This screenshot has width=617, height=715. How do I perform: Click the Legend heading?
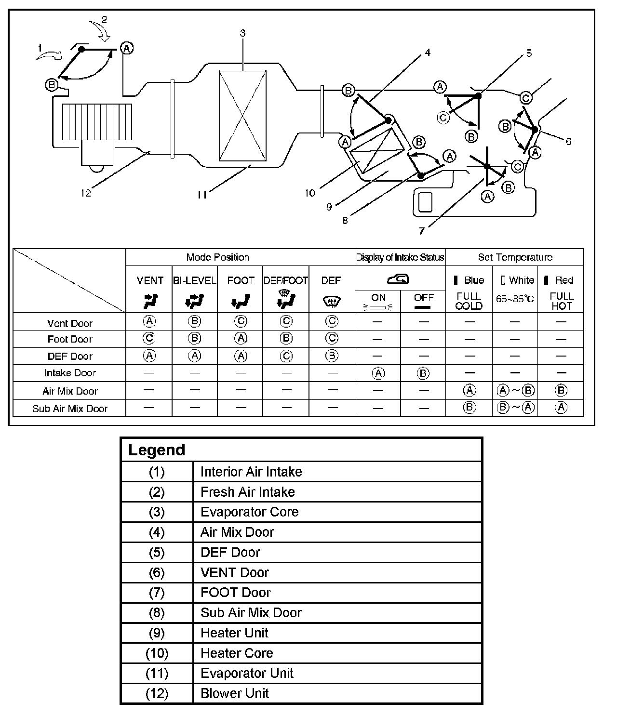[157, 450]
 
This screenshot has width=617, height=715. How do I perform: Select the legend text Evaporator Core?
[249, 512]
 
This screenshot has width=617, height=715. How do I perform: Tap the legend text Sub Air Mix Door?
[251, 612]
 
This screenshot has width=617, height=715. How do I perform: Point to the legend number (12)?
[157, 693]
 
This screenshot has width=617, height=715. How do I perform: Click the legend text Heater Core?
[237, 653]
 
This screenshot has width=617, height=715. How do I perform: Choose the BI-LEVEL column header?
[194, 280]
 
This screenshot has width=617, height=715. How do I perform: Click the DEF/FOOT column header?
[285, 280]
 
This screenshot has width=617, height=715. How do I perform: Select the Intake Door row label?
[70, 373]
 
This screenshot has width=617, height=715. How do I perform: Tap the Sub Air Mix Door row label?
[70, 409]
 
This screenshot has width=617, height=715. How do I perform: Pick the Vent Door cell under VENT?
[149, 321]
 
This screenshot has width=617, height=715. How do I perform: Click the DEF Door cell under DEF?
[331, 356]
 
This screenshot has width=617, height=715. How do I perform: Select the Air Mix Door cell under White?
[515, 391]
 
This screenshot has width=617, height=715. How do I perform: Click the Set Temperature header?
[515, 257]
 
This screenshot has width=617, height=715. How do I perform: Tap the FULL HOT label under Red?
[562, 301]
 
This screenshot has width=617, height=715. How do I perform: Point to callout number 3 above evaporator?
[242, 33]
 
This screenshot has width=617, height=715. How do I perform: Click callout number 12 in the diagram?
[85, 193]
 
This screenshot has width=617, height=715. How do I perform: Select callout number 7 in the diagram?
[422, 231]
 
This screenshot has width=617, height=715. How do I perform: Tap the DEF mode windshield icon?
[331, 302]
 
